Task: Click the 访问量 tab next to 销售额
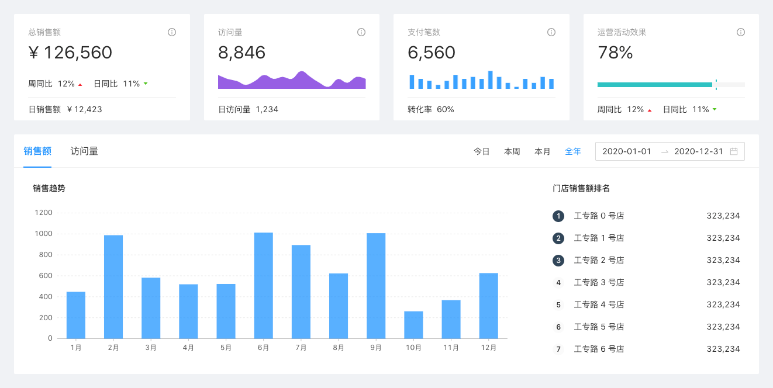pos(84,151)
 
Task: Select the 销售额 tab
pos(37,151)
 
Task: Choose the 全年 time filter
pos(572,151)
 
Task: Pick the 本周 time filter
pos(512,151)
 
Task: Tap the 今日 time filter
pos(481,151)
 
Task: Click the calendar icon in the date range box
pos(734,151)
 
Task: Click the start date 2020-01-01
pos(627,151)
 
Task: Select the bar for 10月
pos(413,325)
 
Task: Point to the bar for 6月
pos(263,286)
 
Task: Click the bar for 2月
pos(113,287)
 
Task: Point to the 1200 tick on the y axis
pos(43,213)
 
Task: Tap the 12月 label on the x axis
pos(489,348)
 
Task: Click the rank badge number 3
pos(558,261)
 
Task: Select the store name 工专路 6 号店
pos(599,349)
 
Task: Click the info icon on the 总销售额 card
pos(172,32)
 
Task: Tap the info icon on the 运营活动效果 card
pos(741,32)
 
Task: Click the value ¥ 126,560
pos(70,53)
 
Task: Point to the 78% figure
pos(615,53)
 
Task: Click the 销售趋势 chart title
pos(49,188)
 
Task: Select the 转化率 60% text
pos(431,110)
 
